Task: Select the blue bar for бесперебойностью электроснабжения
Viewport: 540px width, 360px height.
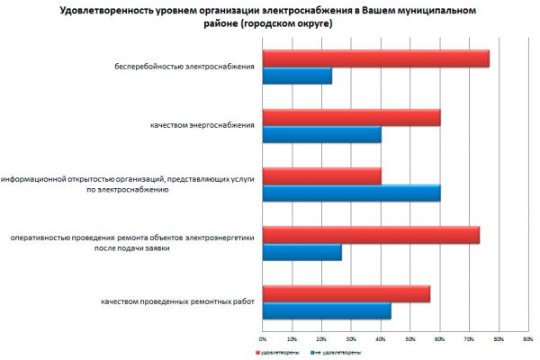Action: pos(297,76)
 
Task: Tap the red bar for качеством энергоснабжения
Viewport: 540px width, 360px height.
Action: pos(351,117)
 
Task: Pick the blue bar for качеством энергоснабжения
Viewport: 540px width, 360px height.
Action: pos(321,134)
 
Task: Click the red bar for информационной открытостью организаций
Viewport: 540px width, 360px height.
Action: pos(321,175)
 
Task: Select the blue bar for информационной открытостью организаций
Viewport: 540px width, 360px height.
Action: pos(351,193)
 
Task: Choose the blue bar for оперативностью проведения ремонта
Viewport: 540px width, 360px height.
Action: pos(301,252)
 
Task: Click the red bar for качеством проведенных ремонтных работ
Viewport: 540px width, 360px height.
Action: pos(346,293)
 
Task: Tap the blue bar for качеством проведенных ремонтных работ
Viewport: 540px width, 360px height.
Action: pos(326,310)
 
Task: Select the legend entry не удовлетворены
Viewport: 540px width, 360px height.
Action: pos(337,352)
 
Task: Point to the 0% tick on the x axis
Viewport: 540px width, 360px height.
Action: pos(262,338)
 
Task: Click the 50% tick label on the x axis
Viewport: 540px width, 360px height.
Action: pos(409,338)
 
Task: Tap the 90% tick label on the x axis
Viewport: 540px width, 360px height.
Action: pos(527,338)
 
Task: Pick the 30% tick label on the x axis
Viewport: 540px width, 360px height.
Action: pos(350,338)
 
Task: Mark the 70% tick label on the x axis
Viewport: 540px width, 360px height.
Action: pos(468,338)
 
